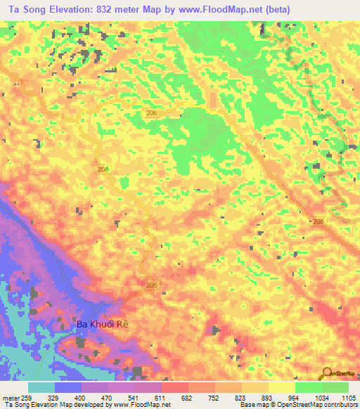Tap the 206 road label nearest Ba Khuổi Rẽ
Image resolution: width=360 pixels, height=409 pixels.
pyautogui.click(x=152, y=284)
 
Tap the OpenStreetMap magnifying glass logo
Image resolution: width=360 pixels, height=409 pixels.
pyautogui.click(x=325, y=373)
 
